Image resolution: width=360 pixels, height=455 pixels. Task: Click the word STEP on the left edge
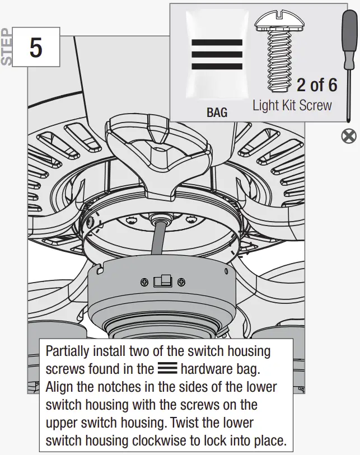[7, 47]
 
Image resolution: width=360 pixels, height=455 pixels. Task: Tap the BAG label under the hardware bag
[217, 112]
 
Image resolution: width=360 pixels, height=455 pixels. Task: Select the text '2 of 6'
[316, 85]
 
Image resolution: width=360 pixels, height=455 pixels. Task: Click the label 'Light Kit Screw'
[292, 105]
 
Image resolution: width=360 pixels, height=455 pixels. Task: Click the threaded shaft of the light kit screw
[278, 62]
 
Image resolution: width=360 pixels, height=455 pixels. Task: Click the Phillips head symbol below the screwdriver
[349, 135]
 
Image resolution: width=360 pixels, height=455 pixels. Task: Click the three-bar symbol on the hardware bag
[217, 54]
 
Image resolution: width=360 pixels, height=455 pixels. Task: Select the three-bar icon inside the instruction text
[167, 369]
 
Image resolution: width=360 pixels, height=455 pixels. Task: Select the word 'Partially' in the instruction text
[67, 351]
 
